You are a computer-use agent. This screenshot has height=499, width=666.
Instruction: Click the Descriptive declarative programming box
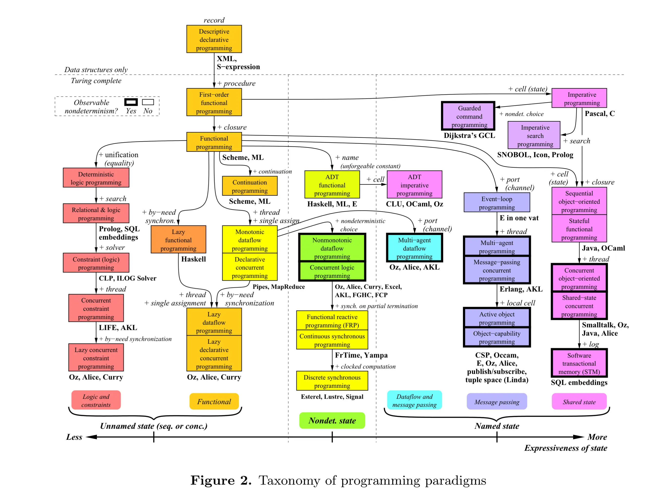pyautogui.click(x=214, y=39)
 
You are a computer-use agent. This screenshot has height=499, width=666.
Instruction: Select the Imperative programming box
pyautogui.click(x=579, y=98)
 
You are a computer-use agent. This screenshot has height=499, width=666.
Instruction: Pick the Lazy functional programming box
pyautogui.click(x=178, y=240)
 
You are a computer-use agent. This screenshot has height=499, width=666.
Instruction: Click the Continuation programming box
pyautogui.click(x=249, y=186)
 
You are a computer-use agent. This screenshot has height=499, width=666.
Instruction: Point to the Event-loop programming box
pyautogui.click(x=497, y=202)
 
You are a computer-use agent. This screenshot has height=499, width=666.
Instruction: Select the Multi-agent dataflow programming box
pyautogui.click(x=414, y=248)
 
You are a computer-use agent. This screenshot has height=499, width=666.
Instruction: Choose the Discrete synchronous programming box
pyautogui.click(x=332, y=381)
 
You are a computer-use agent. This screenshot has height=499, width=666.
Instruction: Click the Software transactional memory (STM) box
pyautogui.click(x=579, y=363)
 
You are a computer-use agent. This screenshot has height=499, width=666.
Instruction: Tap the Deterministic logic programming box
pyautogui.click(x=96, y=178)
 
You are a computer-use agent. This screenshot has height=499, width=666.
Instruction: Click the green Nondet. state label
pyautogui.click(x=332, y=421)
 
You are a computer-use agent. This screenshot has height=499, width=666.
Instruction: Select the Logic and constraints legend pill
pyautogui.click(x=96, y=400)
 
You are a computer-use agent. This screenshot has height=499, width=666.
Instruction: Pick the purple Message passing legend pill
pyautogui.click(x=497, y=402)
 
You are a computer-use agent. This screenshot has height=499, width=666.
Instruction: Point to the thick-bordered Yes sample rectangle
pyautogui.click(x=131, y=102)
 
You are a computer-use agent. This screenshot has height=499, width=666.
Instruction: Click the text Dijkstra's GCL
pyautogui.click(x=469, y=135)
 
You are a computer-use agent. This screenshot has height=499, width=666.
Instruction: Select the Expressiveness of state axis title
pyautogui.click(x=565, y=448)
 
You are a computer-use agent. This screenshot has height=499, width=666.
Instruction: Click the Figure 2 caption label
pyautogui.click(x=221, y=480)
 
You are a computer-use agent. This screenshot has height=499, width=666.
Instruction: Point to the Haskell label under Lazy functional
pyautogui.click(x=193, y=259)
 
